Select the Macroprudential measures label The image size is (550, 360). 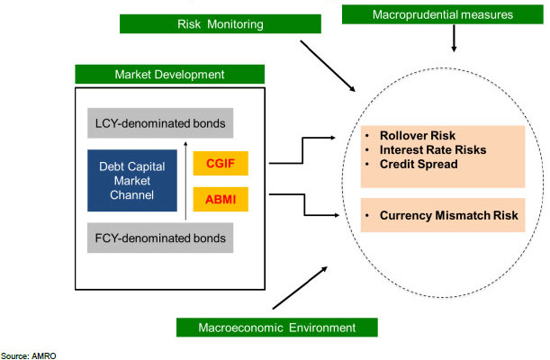click(443, 13)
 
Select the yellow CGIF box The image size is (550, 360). click(220, 163)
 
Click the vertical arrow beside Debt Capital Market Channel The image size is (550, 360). click(185, 181)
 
